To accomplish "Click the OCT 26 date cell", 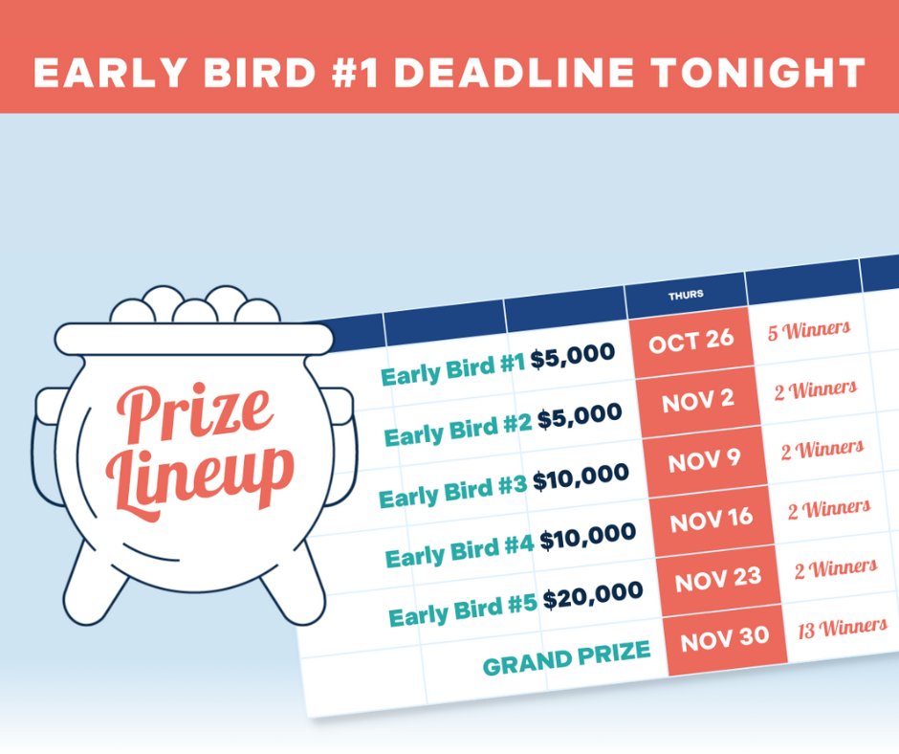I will (691, 343).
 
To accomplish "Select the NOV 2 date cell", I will (698, 401).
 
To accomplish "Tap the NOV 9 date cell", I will (705, 460).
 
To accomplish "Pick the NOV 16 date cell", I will (712, 521).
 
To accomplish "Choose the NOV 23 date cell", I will (718, 579).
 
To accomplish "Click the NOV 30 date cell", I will (724, 638).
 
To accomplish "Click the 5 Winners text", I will (808, 330).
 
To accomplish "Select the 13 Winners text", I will (843, 627).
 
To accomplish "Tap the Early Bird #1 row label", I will (453, 368).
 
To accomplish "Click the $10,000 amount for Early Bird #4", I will (587, 537).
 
